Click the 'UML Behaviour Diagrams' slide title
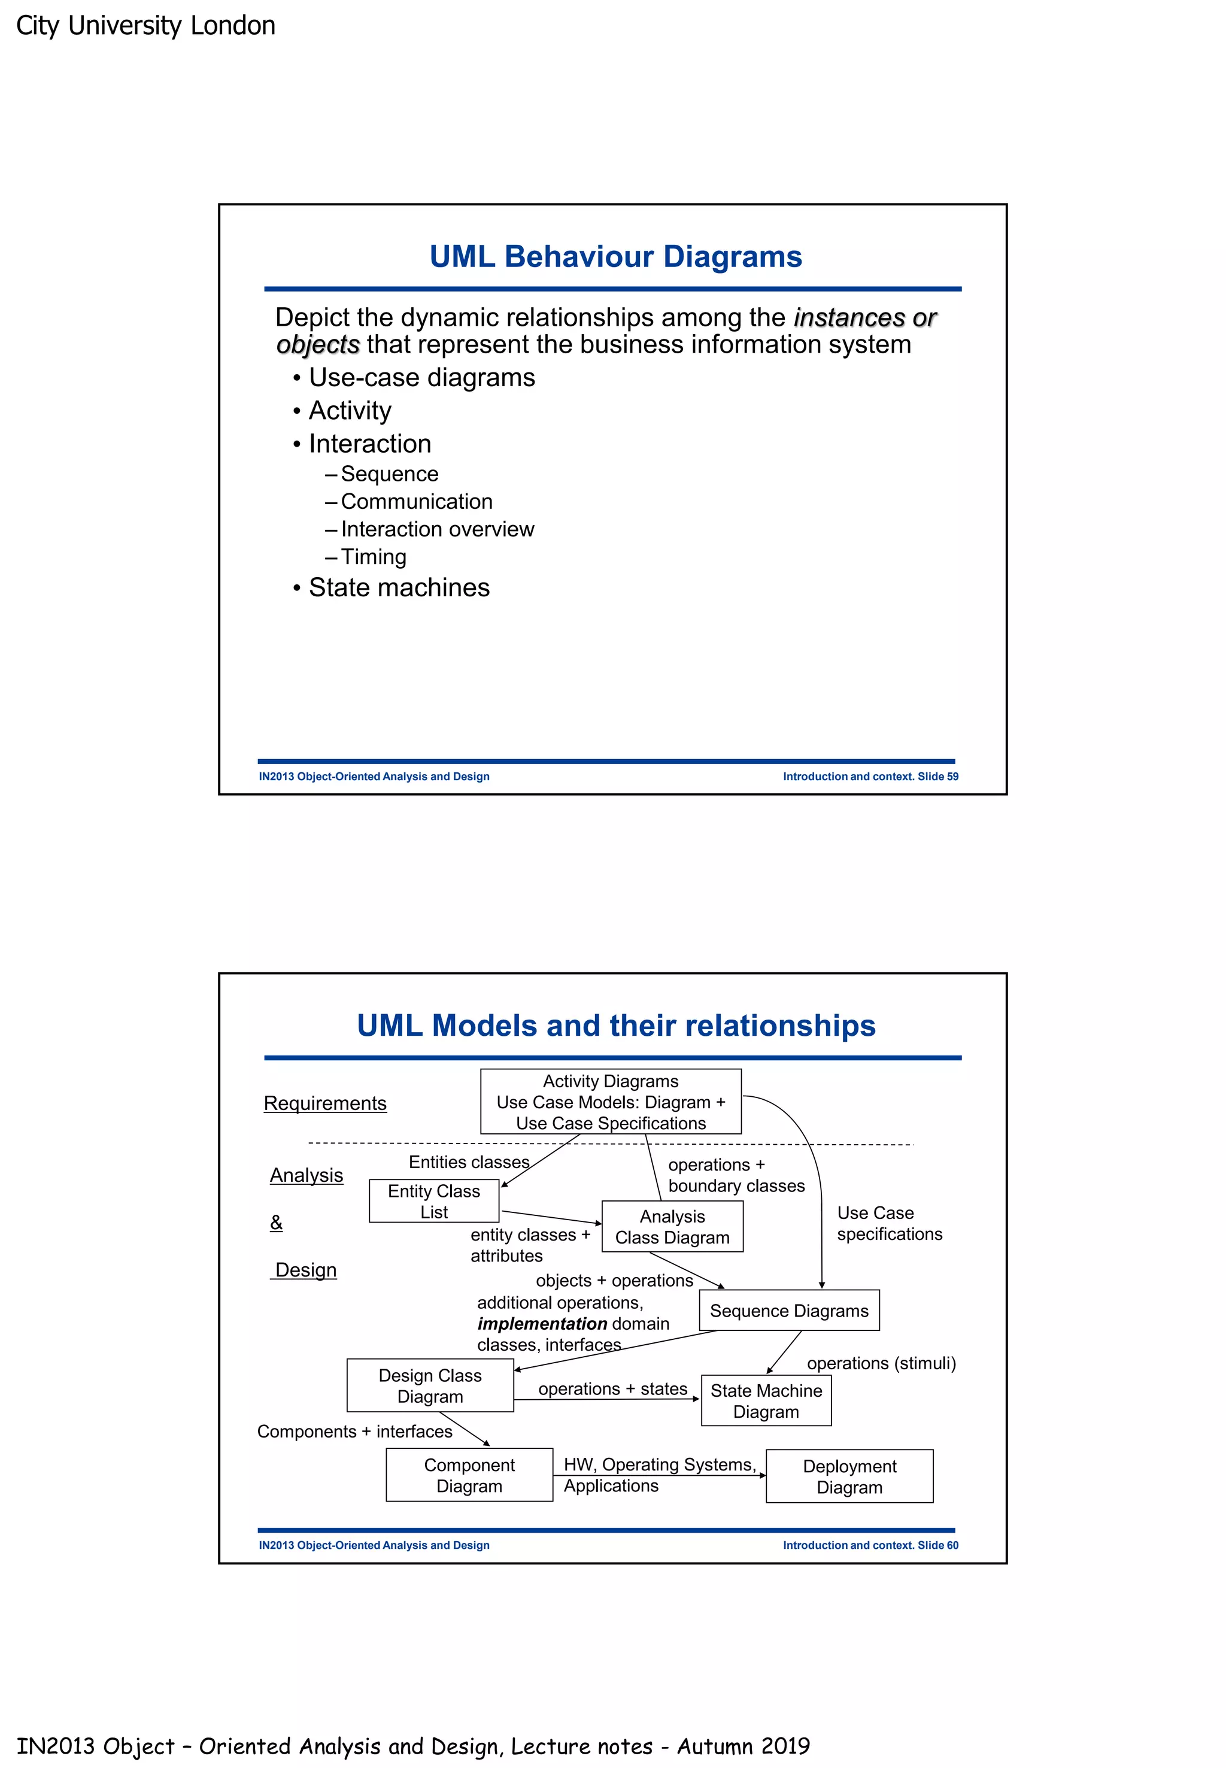point(615,257)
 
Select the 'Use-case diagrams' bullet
point(421,377)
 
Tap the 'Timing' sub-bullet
point(374,556)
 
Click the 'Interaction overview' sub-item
point(437,529)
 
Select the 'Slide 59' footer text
point(937,776)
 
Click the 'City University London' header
point(146,25)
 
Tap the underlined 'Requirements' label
point(325,1103)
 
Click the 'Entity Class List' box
point(434,1201)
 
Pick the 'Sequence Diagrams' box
point(789,1310)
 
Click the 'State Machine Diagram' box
point(766,1401)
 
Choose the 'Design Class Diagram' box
point(430,1385)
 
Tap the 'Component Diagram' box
point(469,1475)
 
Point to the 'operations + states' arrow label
point(612,1388)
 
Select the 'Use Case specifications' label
point(889,1223)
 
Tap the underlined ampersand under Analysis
point(277,1222)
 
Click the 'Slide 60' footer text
point(937,1545)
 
